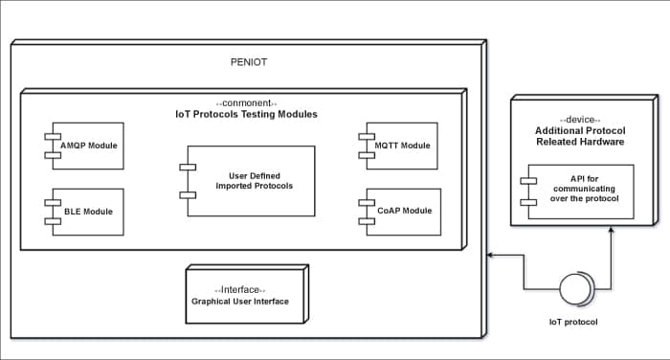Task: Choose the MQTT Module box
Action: click(402, 146)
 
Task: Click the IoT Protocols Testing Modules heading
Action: click(246, 115)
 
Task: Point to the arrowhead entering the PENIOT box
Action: click(491, 256)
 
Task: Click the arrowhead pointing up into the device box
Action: click(612, 231)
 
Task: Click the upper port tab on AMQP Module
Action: click(52, 137)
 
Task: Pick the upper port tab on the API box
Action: click(526, 180)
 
